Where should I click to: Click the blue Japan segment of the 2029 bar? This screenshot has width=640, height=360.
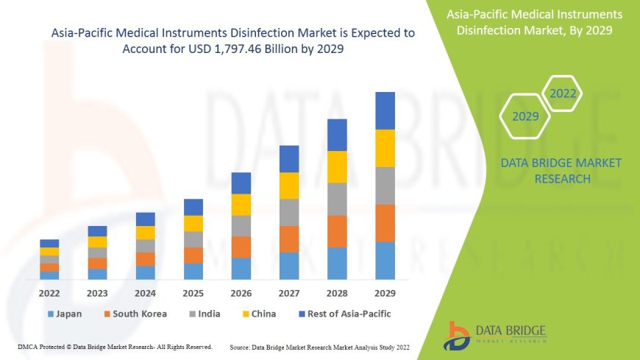click(x=385, y=261)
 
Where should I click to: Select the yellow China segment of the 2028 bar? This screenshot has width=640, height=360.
click(x=337, y=166)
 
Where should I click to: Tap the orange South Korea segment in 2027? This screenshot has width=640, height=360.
click(x=289, y=239)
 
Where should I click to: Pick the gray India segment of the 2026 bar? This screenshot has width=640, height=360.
click(x=241, y=225)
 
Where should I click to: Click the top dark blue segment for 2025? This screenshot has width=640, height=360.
click(x=193, y=207)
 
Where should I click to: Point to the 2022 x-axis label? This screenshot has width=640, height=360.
click(x=49, y=292)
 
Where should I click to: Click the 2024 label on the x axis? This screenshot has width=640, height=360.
click(x=146, y=292)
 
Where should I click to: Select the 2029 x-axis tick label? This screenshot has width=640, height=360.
click(x=385, y=292)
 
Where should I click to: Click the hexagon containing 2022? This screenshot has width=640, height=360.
click(x=563, y=93)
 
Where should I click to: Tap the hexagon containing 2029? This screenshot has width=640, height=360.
click(x=525, y=116)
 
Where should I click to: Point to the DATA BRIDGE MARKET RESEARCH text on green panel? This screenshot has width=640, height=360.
click(x=561, y=170)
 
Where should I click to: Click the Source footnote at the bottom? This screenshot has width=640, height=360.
click(x=319, y=346)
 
